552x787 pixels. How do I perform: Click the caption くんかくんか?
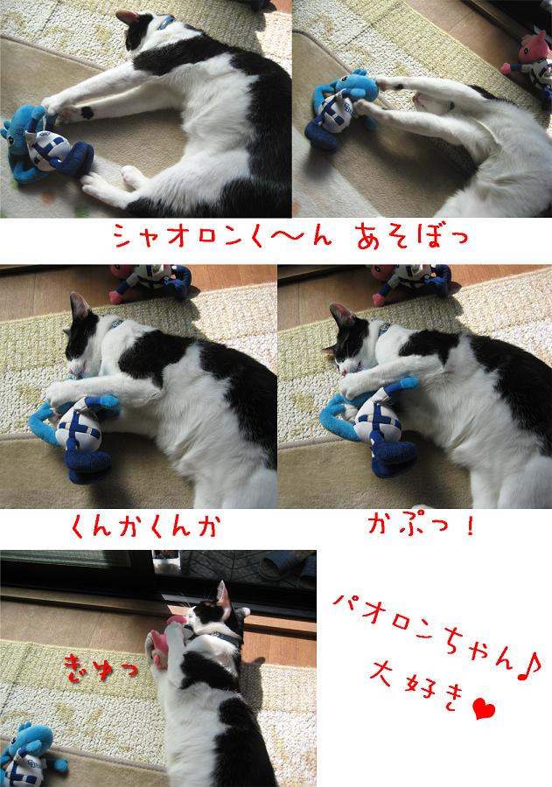point(144,527)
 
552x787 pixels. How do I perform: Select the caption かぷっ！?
point(421,525)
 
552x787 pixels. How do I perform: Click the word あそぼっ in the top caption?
point(412,237)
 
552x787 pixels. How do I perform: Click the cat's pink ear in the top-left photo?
point(127,17)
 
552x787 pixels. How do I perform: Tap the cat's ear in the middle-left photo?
point(80,306)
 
